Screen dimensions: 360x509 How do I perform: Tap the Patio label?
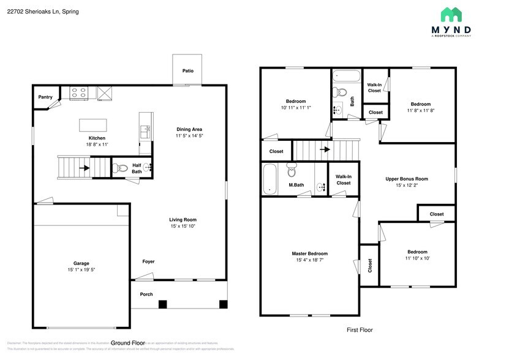coord(188,71)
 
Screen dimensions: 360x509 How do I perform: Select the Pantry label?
coord(45,97)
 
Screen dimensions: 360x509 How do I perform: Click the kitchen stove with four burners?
coord(80,93)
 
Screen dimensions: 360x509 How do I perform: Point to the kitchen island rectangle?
coord(92,125)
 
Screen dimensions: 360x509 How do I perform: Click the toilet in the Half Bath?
coord(121,167)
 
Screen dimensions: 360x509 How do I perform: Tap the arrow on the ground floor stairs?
coord(84,167)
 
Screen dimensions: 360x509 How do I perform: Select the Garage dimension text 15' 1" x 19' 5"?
coord(81,270)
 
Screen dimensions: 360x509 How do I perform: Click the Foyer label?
coord(148,261)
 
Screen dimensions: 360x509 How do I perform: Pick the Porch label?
coord(146,294)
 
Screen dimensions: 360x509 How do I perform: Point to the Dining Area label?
coord(189,129)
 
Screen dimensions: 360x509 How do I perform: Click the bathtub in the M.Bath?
coord(270,179)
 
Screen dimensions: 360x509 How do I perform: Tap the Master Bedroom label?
coord(309,253)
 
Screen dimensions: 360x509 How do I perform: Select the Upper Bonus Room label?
coord(406,179)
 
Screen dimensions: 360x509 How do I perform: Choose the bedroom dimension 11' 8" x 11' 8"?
coord(420,111)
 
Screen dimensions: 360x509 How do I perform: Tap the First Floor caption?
coord(360,330)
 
